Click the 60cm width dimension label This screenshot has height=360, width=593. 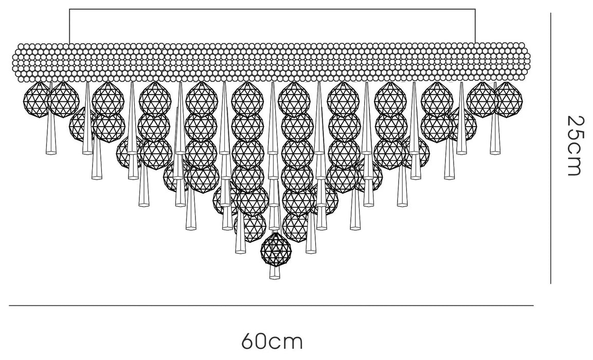click(272, 342)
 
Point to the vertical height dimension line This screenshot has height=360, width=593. click(551, 148)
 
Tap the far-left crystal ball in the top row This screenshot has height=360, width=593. click(37, 99)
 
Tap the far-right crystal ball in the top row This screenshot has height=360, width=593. click(509, 99)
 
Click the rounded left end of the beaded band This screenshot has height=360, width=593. click(20, 63)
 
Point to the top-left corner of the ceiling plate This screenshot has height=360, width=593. click(69, 9)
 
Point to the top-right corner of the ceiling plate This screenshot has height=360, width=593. click(475, 9)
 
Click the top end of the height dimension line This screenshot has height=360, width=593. click(551, 13)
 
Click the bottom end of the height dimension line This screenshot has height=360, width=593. click(551, 283)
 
